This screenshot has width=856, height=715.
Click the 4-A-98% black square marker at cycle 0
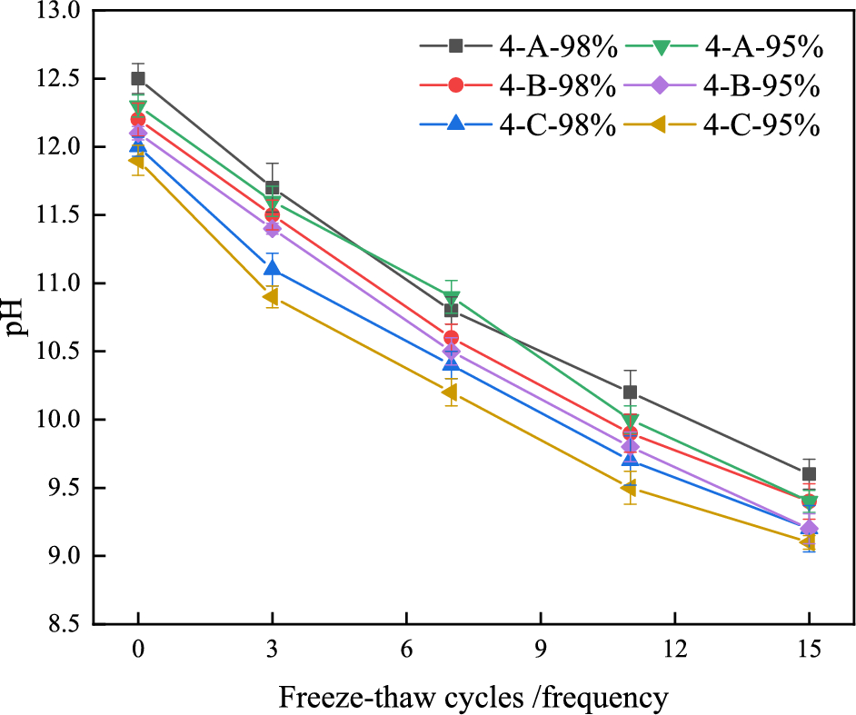click(x=138, y=79)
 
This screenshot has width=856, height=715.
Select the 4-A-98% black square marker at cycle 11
click(x=630, y=392)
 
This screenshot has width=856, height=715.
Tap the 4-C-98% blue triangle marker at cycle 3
click(x=272, y=268)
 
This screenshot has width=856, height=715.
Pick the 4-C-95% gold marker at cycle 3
click(x=272, y=296)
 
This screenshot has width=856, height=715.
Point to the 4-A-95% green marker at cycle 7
click(x=452, y=298)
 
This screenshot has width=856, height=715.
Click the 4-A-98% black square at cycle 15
click(x=809, y=474)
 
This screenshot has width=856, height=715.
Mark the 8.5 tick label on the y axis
click(x=62, y=624)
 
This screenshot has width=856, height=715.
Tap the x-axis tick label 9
click(x=541, y=650)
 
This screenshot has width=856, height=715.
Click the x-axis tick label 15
click(x=809, y=650)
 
